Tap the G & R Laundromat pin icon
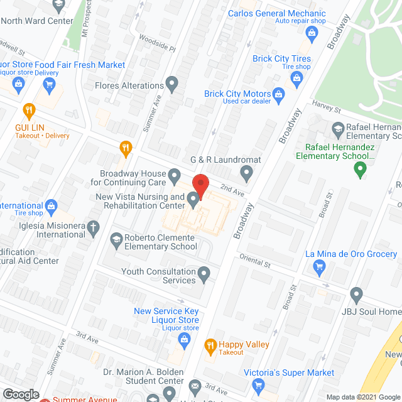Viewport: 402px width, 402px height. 247,171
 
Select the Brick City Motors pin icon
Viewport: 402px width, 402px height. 281,94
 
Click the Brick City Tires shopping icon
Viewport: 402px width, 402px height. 296,79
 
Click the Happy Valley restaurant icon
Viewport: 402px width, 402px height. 210,345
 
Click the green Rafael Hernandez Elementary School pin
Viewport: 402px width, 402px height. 360,168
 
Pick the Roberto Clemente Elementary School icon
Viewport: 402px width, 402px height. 116,239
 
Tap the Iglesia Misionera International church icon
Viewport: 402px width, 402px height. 93,228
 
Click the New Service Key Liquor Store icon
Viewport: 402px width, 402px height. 184,341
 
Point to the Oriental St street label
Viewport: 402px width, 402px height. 254,261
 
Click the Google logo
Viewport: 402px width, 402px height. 20,394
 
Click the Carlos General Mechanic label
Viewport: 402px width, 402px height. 276,13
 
